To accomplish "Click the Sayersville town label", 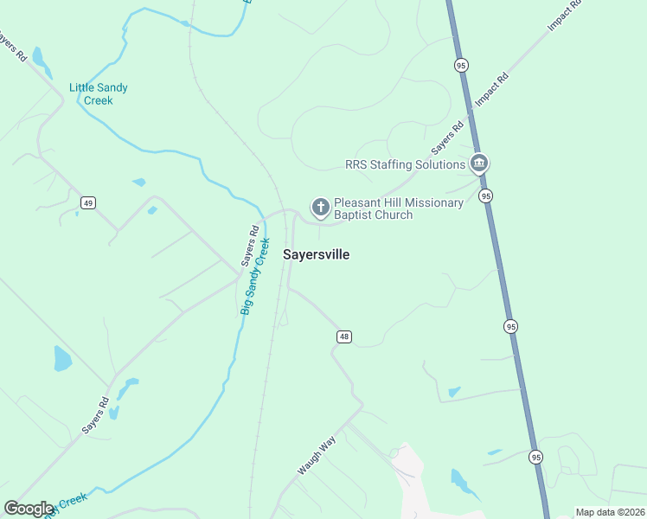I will click(317, 255).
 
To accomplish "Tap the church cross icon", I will click(320, 207).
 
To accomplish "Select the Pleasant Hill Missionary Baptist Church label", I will click(398, 208).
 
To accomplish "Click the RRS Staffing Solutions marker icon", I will click(479, 163).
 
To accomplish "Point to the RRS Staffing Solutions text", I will click(405, 164).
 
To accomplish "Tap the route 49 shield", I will click(87, 202).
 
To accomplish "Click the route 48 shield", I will click(344, 336).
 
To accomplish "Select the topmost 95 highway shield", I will click(460, 66).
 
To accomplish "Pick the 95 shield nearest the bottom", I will click(536, 457).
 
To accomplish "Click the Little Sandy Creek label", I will click(92, 93).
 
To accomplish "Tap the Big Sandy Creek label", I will click(256, 275).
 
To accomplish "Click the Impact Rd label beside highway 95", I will click(492, 90).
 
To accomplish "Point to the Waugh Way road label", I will click(317, 456).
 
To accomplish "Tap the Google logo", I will click(29, 509).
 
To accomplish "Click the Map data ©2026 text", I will click(610, 512).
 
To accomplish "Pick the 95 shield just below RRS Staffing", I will click(486, 196).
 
